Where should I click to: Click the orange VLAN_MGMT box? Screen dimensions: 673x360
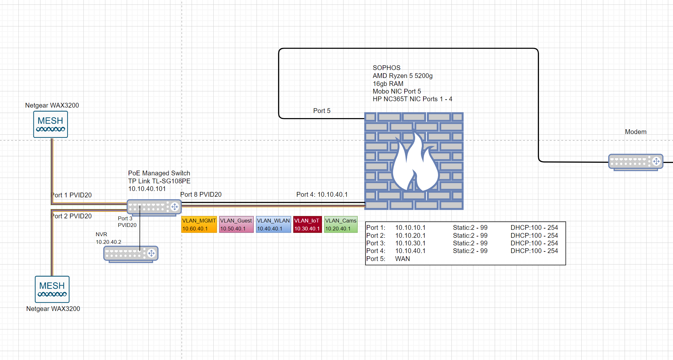point(199,224)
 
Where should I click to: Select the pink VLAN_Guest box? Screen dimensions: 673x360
point(236,224)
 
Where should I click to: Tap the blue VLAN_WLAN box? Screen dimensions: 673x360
point(273,224)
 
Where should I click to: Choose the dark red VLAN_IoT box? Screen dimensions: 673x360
point(307,224)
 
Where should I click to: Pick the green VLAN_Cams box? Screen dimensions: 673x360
point(341,224)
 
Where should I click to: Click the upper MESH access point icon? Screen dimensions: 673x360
point(51,124)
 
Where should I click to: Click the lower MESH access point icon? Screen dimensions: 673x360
point(52,289)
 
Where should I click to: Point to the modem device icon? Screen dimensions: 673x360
point(636,162)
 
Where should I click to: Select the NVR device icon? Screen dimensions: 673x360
point(131,254)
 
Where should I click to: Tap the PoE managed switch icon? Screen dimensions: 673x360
point(154,208)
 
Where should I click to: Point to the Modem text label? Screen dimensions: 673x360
point(635,132)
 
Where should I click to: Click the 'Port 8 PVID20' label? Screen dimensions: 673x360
point(201,194)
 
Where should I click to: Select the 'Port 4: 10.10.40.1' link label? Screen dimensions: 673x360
point(322,194)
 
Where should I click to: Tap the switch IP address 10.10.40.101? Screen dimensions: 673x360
point(147,189)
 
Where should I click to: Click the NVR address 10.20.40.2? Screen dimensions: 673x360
point(109,242)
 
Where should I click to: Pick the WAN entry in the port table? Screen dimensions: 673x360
point(402,259)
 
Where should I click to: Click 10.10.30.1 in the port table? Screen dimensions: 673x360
point(410,243)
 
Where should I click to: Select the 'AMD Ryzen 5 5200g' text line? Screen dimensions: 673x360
point(403,76)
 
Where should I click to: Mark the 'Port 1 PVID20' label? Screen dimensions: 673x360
point(72,195)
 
